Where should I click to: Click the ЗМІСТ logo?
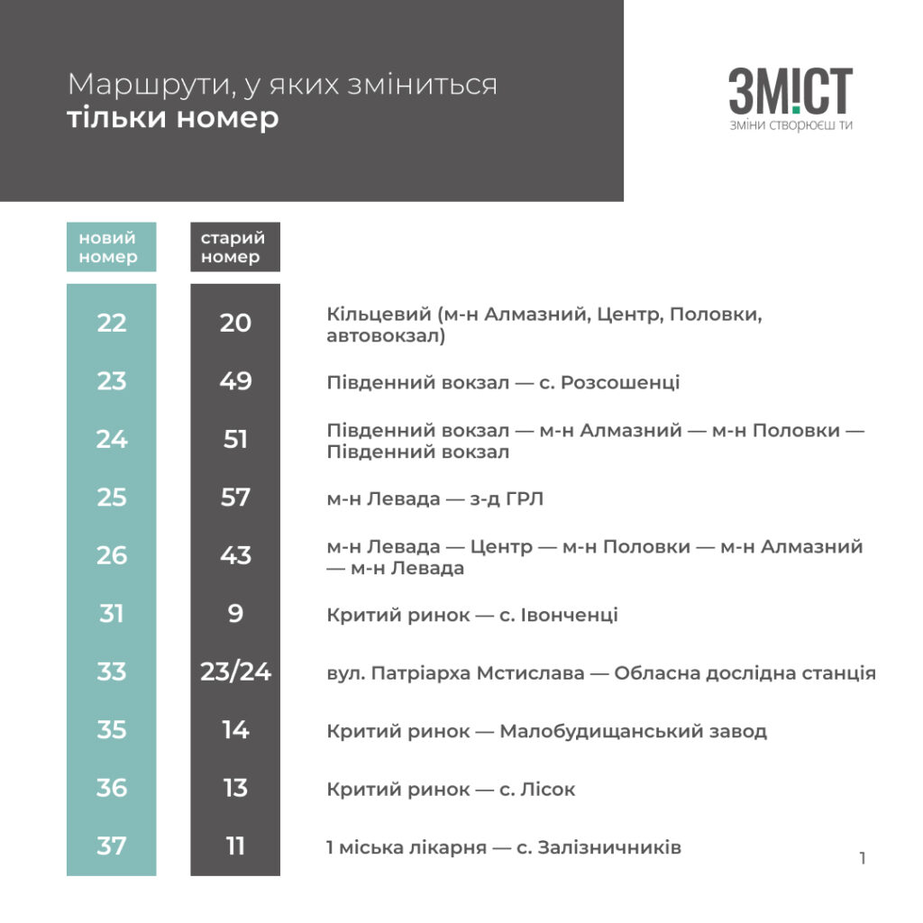point(790,93)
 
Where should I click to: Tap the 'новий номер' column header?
point(111,247)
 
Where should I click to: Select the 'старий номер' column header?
point(234,247)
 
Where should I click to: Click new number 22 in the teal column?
point(112,323)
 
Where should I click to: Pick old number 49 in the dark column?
point(235,381)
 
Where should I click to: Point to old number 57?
point(235,498)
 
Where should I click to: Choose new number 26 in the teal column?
point(112,555)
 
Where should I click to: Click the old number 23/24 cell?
point(235,672)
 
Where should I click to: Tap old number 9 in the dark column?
point(235,614)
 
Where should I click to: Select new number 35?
point(112,729)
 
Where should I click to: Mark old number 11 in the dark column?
point(235,846)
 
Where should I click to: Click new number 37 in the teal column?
point(112,846)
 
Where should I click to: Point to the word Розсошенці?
point(620,382)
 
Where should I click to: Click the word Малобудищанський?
point(589,731)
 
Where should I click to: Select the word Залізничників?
point(610,848)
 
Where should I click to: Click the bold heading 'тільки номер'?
point(173,118)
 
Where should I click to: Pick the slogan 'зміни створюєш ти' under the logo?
point(790,125)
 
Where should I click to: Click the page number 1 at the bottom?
point(863,858)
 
